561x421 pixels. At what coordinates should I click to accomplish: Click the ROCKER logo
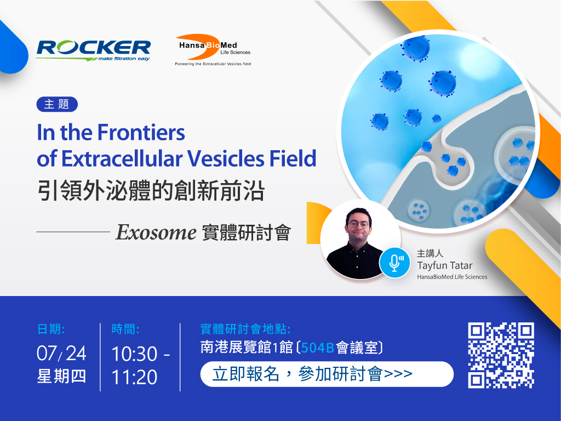point(93,50)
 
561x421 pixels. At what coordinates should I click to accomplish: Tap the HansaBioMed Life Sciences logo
point(213,50)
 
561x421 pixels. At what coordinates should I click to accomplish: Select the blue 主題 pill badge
point(57,104)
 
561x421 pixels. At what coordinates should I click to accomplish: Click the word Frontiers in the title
point(141,133)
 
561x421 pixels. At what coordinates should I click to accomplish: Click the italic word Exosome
point(156,232)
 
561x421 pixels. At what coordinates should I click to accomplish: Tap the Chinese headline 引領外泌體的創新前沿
point(151,190)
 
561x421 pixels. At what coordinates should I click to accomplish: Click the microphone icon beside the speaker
point(394,263)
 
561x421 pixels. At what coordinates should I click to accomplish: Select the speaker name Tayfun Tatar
point(445,266)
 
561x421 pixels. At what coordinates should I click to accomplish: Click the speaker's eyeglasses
point(358,224)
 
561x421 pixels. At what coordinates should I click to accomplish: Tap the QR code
point(501,355)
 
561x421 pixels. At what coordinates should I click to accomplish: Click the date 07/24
point(61,354)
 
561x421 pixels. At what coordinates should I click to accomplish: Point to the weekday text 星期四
point(61,377)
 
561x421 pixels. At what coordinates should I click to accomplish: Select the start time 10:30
point(134,354)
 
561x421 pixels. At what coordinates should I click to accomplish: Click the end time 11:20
point(134,377)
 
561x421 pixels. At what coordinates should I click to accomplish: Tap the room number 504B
point(318,348)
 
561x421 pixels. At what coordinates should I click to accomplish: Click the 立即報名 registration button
point(327,374)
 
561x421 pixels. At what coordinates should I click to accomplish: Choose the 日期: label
point(51,329)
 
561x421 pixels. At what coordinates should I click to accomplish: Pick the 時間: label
point(125,329)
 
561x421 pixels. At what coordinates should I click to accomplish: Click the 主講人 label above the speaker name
point(430,253)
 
